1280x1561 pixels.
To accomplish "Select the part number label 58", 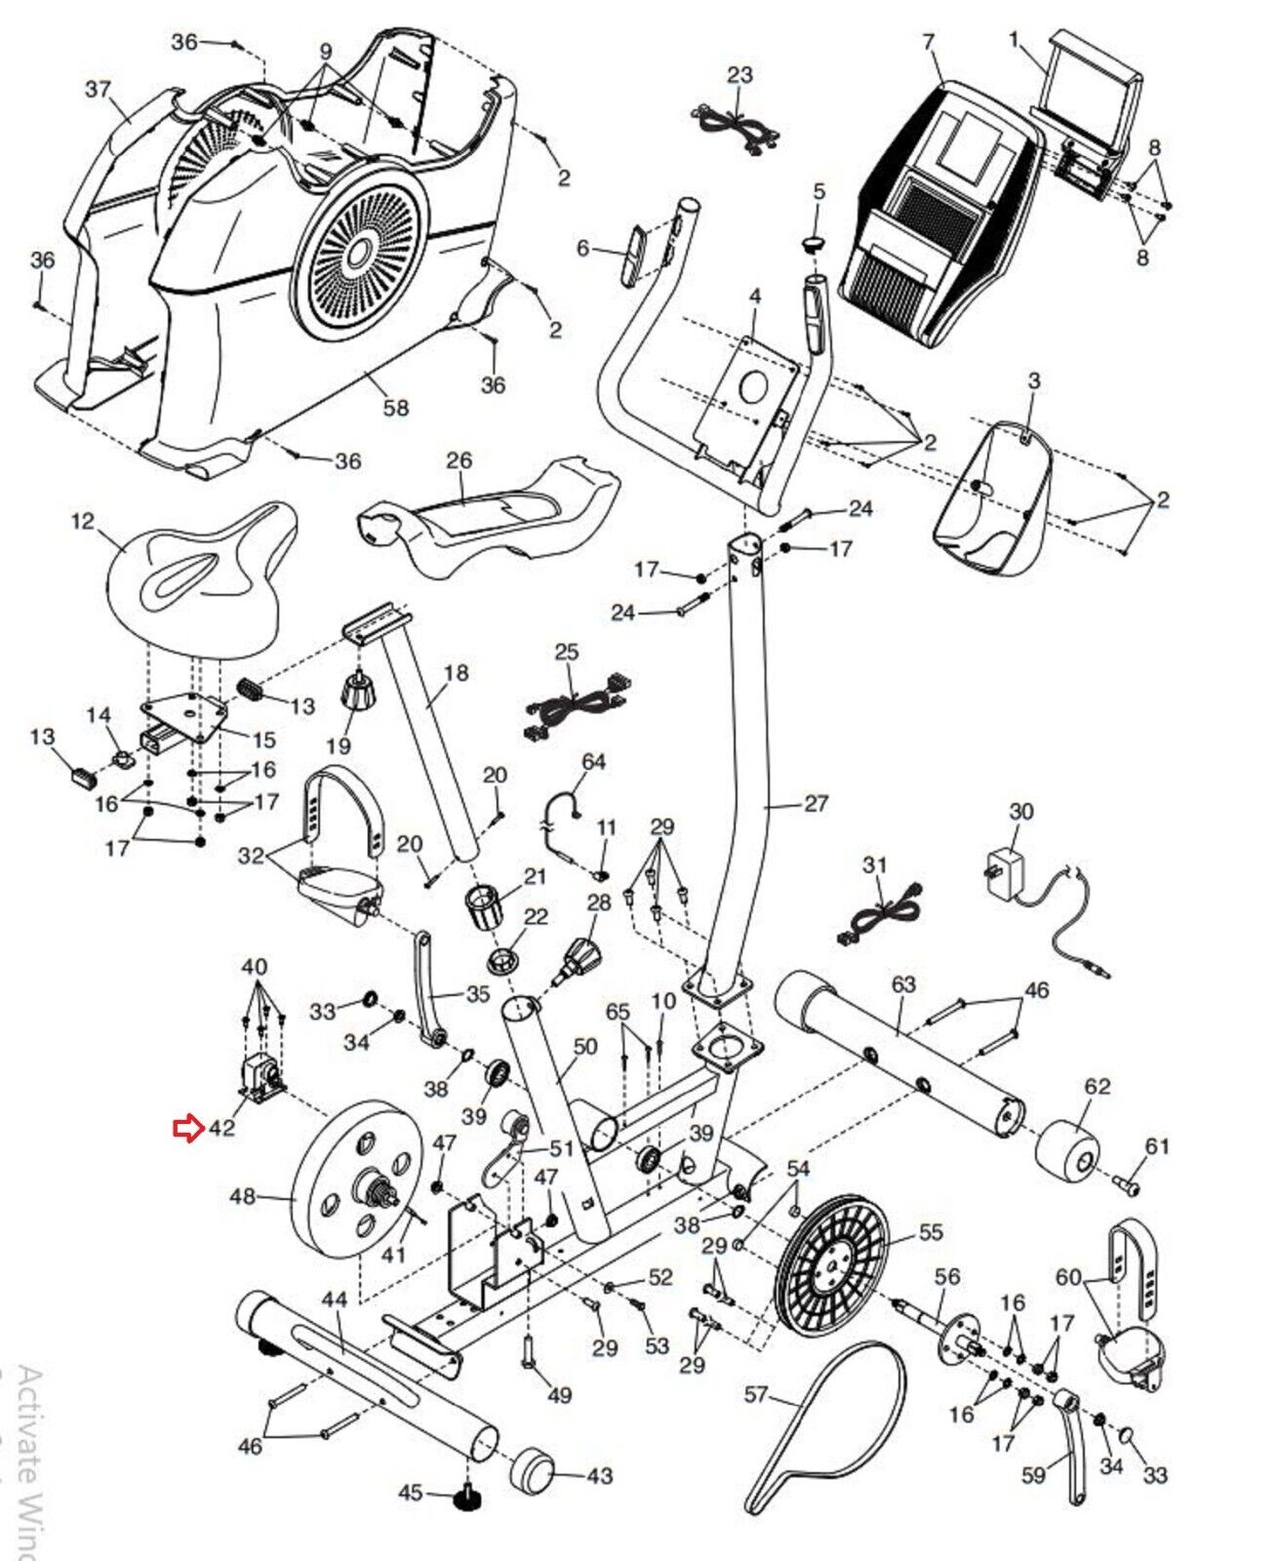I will pos(395,408).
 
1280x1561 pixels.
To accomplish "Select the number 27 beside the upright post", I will pos(816,803).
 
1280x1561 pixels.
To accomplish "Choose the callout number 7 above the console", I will pos(928,42).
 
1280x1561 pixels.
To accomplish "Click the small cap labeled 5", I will pos(817,242).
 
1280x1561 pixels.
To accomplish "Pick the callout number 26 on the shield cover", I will pos(459,460).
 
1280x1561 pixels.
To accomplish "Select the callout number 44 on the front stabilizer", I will pos(335,1300).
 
